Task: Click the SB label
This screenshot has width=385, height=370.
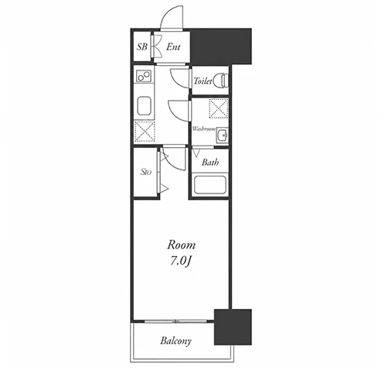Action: (142, 46)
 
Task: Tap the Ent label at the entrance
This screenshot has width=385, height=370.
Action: (173, 46)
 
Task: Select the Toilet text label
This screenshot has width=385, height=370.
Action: (203, 81)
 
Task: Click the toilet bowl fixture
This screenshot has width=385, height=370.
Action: (221, 81)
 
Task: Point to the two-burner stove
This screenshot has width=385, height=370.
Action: (144, 76)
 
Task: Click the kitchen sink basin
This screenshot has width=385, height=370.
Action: (144, 105)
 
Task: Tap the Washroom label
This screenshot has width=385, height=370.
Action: (204, 128)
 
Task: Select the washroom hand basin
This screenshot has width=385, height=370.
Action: (222, 135)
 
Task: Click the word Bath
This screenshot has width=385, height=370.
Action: (210, 162)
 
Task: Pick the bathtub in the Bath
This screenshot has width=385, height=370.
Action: (210, 184)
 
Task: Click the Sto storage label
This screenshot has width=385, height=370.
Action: (146, 172)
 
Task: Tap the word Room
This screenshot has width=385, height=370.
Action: (182, 245)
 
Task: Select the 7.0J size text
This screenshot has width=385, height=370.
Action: (181, 262)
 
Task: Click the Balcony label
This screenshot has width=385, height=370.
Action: (175, 341)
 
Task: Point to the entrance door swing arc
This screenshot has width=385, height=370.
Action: (165, 13)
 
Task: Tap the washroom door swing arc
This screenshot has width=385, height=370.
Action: (173, 113)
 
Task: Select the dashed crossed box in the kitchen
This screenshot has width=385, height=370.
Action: (145, 132)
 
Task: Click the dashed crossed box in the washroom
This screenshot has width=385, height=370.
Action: (219, 108)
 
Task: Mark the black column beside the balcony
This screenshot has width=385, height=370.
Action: (233, 327)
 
